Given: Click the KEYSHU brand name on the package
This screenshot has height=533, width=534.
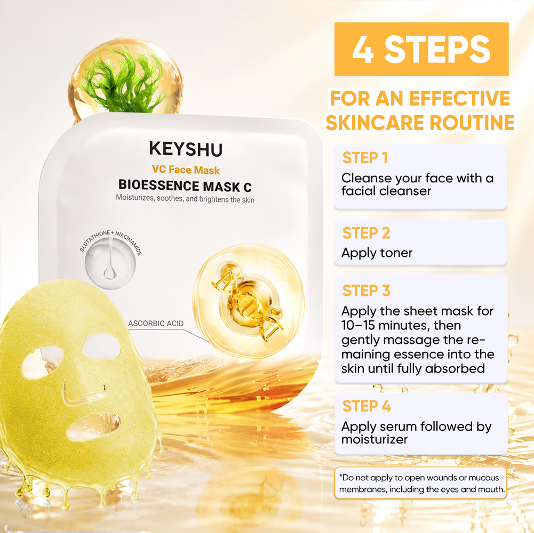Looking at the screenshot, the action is (x=186, y=149).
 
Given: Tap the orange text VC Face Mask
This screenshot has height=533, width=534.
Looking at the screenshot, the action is (x=186, y=169).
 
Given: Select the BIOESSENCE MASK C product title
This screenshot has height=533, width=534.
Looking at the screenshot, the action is (x=185, y=186).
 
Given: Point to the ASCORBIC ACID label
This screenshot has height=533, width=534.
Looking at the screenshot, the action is (x=156, y=324).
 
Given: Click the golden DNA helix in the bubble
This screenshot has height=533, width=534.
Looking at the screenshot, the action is (x=248, y=301).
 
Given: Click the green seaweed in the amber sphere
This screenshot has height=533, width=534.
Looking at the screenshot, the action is (x=123, y=82).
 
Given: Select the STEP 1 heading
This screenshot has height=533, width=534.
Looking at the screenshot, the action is (x=365, y=158).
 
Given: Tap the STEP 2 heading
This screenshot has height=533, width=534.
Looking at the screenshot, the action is (x=366, y=233).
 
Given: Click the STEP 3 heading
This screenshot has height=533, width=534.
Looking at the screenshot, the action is (x=366, y=290).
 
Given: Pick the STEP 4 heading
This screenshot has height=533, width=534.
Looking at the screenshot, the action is (x=366, y=406).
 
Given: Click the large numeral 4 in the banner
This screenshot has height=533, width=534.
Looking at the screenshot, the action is (x=363, y=50).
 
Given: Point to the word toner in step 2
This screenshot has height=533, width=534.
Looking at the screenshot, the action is (x=396, y=253).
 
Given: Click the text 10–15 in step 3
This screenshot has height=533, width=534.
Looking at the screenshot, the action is (x=358, y=326).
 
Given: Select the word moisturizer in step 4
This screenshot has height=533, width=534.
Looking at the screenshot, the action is (x=374, y=439).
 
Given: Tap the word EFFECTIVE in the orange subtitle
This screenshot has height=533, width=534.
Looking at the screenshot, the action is (x=459, y=99).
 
